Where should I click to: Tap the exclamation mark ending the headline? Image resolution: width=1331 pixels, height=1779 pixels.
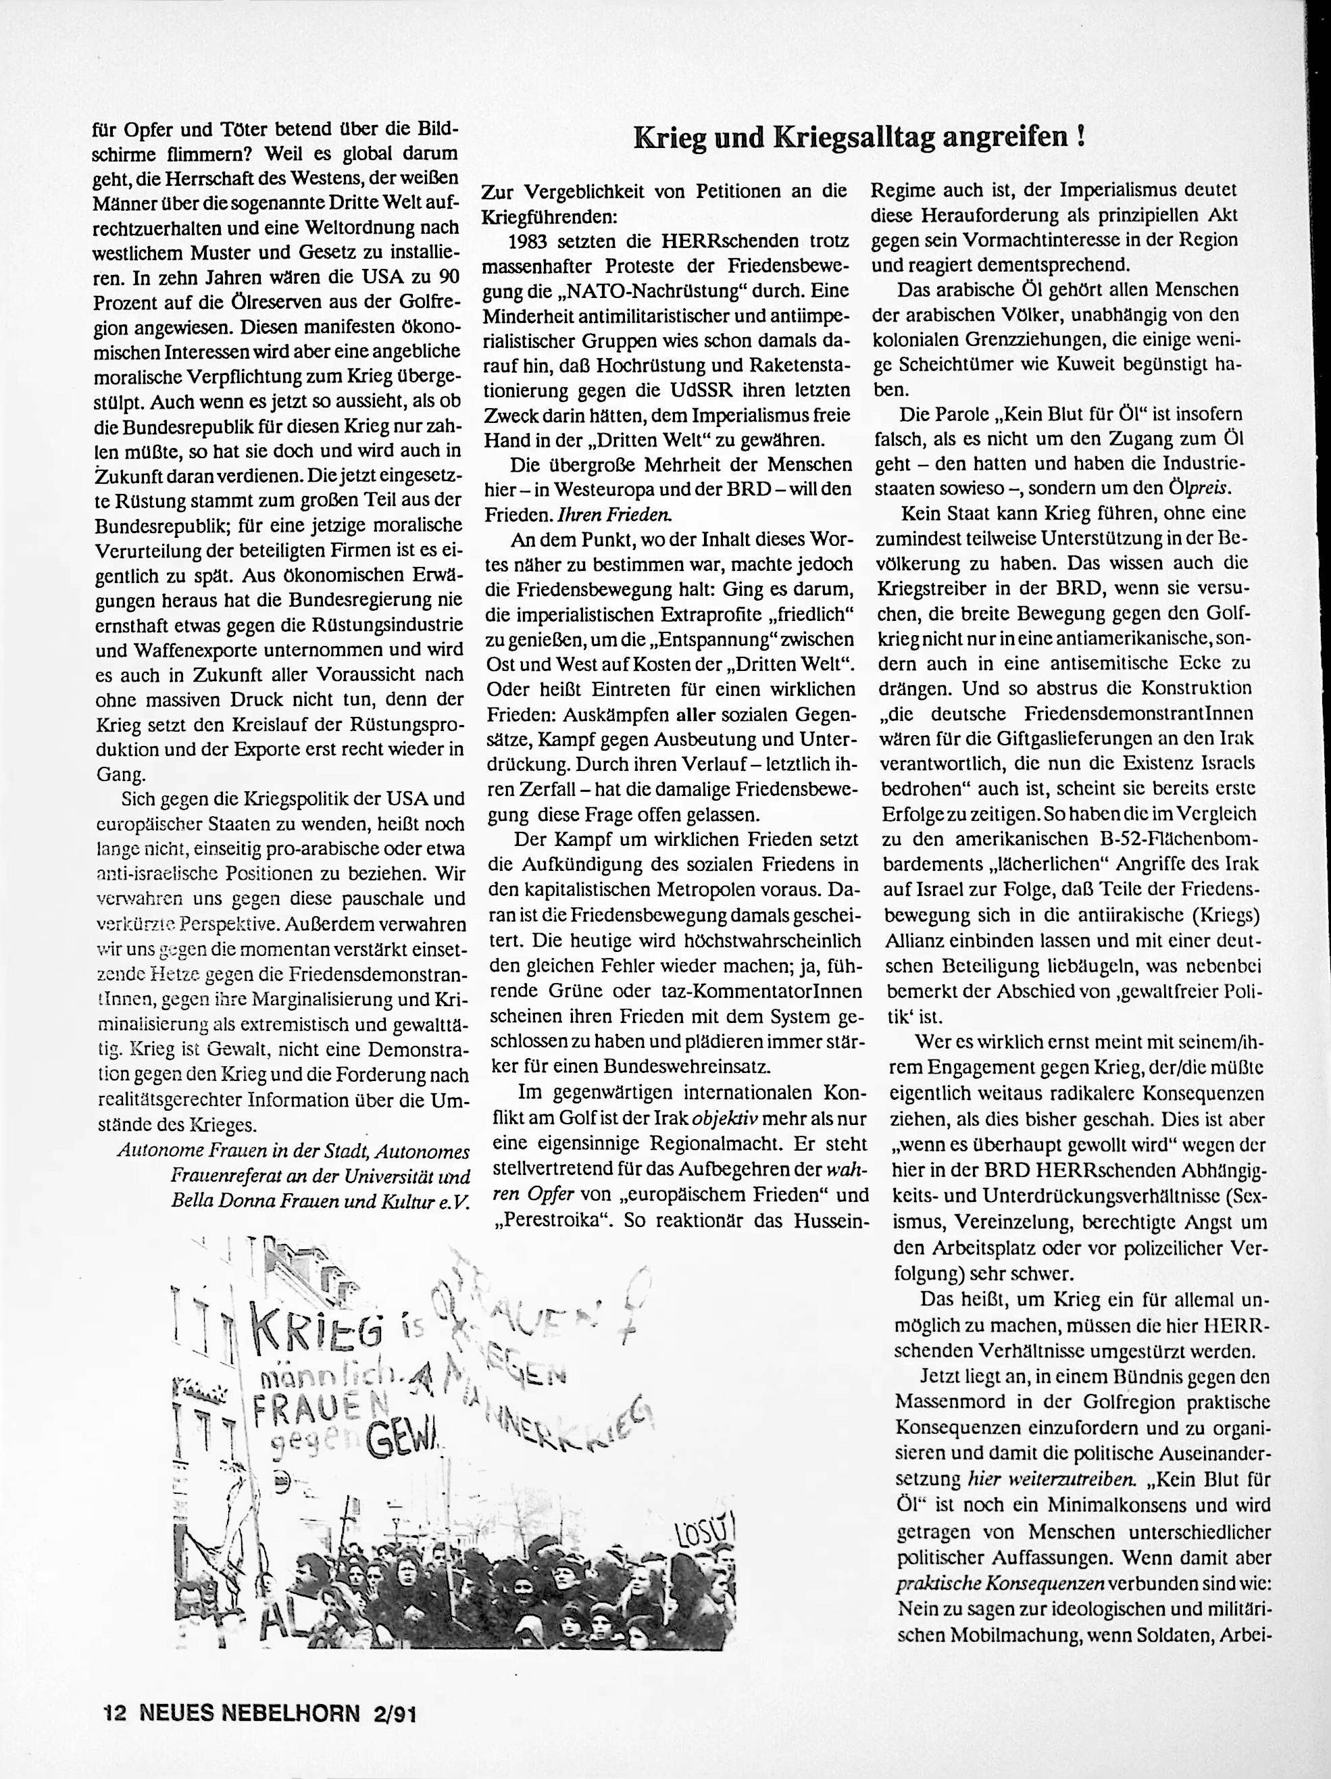click(1081, 136)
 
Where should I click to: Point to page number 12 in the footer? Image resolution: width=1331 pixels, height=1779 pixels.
click(115, 1711)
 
